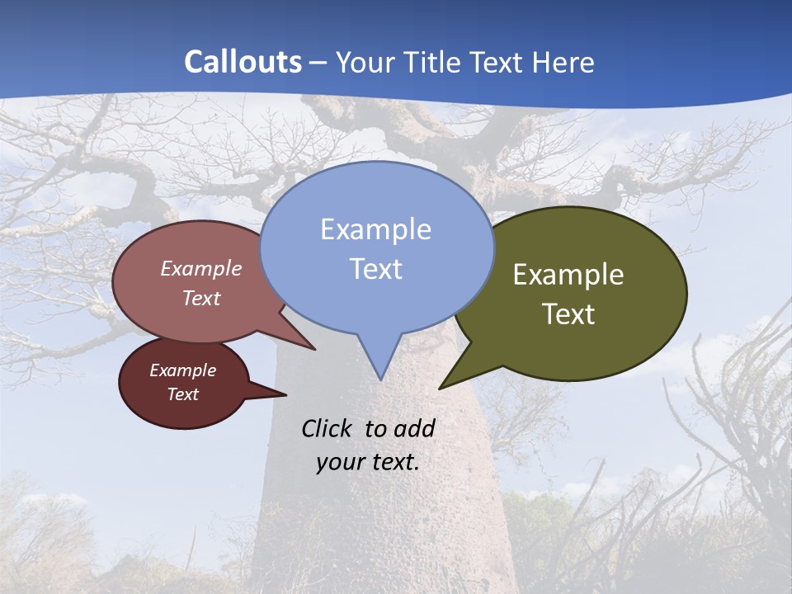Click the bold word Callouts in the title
243,62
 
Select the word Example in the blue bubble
375,229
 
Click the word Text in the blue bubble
375,269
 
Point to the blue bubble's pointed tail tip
380,379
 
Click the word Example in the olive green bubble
568,275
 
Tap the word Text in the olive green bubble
568,314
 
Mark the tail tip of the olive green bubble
441,388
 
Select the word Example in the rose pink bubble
201,268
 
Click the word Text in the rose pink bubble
201,298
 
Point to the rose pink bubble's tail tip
314,349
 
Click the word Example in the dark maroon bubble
182,370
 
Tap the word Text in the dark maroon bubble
182,394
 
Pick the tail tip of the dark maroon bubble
285,394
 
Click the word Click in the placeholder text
328,428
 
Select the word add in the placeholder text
414,428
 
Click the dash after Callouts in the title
318,63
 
